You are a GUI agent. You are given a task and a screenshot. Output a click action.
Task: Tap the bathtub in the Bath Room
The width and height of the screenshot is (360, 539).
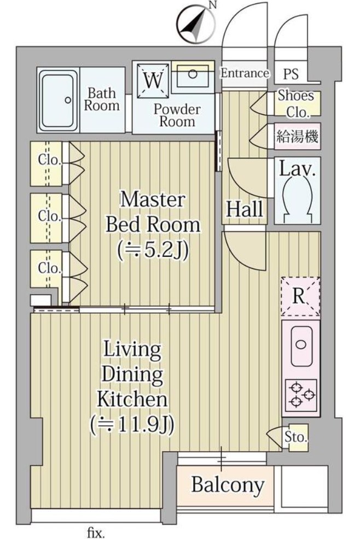(x=58, y=100)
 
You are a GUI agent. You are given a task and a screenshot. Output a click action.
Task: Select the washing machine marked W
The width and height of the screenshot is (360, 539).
(x=153, y=80)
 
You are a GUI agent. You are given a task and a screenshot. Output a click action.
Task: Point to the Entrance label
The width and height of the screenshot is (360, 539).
(x=245, y=73)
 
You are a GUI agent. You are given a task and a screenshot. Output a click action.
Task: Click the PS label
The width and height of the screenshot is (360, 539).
(x=291, y=74)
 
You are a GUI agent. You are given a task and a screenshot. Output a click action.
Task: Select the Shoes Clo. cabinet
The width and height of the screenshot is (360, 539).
(x=297, y=103)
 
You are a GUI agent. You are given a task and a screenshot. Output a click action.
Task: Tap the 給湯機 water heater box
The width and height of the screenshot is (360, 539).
(x=298, y=136)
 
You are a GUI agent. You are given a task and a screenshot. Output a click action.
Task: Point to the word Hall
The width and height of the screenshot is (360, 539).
(x=245, y=209)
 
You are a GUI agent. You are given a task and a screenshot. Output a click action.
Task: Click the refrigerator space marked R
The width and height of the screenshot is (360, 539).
(x=300, y=297)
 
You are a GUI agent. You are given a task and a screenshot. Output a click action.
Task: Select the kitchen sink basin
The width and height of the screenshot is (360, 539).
(x=301, y=345)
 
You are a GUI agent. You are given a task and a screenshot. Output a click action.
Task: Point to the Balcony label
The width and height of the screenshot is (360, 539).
(x=228, y=485)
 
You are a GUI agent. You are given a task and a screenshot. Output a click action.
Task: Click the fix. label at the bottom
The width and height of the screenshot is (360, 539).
(x=95, y=533)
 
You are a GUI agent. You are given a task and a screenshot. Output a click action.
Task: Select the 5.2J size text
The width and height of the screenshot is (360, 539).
(x=153, y=251)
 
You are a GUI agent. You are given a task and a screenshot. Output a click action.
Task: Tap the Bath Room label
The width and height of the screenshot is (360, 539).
(x=102, y=99)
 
